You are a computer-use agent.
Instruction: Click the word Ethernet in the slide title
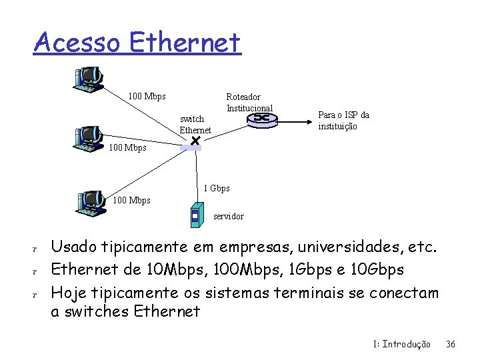(185, 43)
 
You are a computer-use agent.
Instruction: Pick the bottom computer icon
(91, 199)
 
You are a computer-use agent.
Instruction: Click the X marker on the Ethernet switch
(195, 141)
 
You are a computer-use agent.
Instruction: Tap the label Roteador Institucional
(249, 103)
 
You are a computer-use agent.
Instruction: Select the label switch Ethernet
(195, 125)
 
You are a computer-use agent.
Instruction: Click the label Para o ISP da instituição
(343, 121)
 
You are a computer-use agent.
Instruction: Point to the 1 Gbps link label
(217, 189)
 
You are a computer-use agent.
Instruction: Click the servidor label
(229, 217)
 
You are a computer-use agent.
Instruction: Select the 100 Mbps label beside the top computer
(147, 97)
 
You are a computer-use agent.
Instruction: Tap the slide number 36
(451, 344)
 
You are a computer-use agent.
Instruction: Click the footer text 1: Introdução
(401, 344)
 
